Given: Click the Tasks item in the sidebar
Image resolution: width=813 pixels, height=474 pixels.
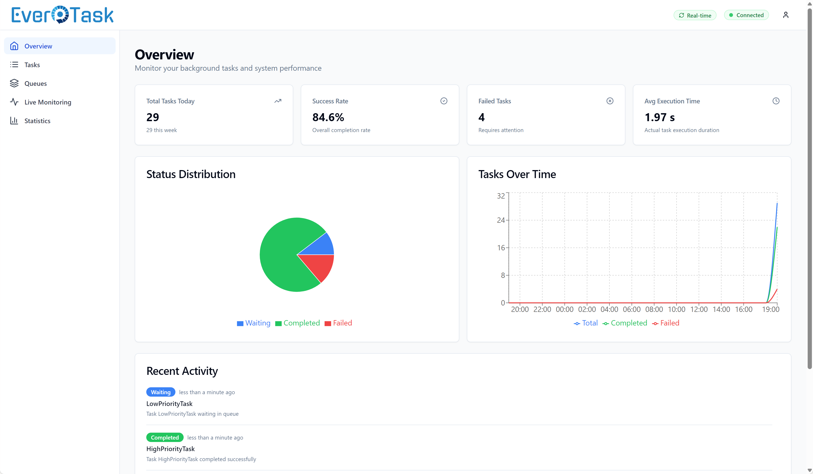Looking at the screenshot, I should click(32, 65).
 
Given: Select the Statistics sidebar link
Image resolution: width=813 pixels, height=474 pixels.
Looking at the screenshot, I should click(37, 121).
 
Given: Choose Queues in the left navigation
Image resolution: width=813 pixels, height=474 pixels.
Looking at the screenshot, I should click(36, 84).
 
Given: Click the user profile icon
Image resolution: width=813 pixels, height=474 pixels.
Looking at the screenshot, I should click(786, 15).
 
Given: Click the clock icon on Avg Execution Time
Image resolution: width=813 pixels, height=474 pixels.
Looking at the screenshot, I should click(776, 101).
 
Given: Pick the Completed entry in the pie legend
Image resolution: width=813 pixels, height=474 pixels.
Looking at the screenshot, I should click(297, 323).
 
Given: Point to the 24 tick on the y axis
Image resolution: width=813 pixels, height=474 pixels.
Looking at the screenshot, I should click(500, 220).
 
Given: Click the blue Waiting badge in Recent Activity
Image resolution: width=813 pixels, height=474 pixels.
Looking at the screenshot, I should click(161, 392).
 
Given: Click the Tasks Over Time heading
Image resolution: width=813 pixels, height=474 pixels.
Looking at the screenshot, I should click(517, 174).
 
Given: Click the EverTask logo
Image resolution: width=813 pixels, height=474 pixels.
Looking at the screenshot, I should click(62, 15).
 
